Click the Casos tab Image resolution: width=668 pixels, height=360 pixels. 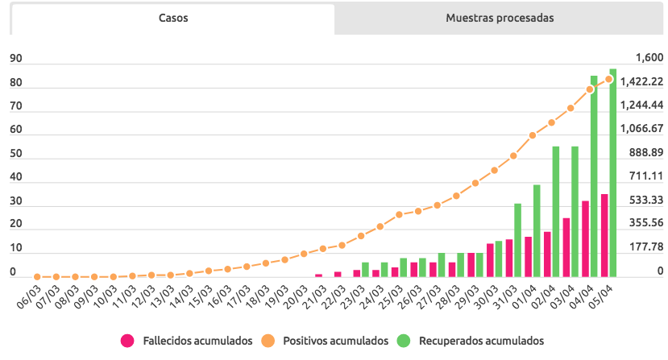point(173,18)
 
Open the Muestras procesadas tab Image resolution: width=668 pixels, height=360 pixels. point(500,18)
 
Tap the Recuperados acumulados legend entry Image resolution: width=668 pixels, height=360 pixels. point(471,341)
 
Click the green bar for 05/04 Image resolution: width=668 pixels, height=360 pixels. point(613,173)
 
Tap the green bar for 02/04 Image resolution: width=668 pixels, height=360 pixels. point(556,211)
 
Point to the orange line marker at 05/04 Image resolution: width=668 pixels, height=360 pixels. point(609,79)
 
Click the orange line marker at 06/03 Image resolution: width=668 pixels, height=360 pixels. point(37,276)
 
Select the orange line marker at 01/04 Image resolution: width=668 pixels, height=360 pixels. point(533,135)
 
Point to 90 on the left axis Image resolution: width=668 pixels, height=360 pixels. point(15,59)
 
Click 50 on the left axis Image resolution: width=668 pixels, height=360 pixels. point(15,153)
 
